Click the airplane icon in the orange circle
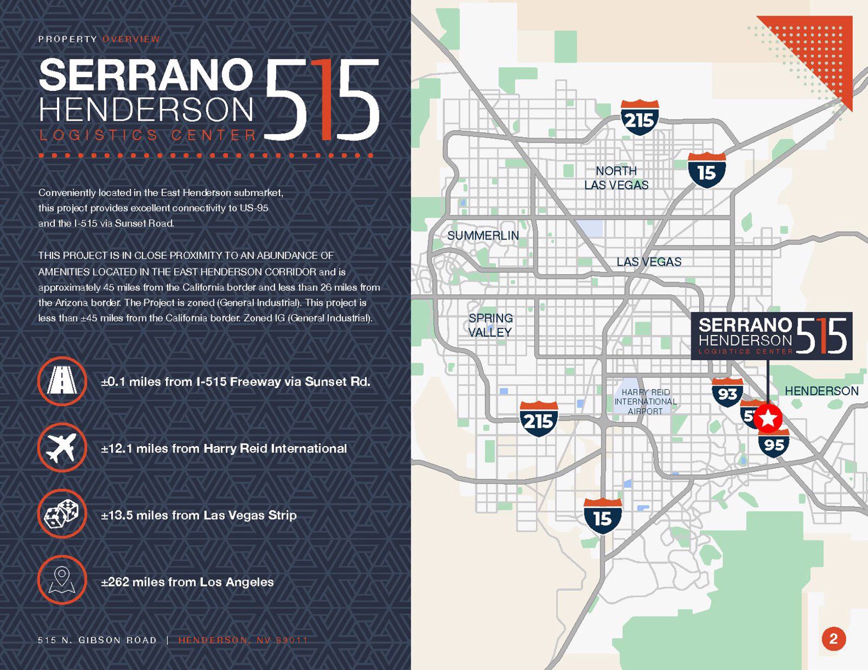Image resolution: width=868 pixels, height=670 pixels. pos(62,448)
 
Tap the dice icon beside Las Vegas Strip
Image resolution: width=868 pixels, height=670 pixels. pos(62,514)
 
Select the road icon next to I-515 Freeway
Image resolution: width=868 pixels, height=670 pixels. pos(62,381)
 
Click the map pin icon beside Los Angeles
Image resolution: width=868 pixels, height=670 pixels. pos(62,581)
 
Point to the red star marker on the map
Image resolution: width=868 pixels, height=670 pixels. pos(768,418)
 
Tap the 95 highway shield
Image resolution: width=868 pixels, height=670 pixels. pos(774,443)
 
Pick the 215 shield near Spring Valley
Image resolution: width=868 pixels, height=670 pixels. pos(538,419)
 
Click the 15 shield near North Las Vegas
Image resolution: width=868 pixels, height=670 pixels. pos(706,171)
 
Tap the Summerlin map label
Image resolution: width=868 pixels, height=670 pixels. pos(483,235)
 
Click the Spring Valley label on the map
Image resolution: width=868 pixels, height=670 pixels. pos(490,325)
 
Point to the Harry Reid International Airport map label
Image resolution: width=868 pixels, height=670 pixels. pos(645,402)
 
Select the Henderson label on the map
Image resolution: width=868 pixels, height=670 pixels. pos(821,391)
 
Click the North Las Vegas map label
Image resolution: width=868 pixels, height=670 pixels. pos(616,178)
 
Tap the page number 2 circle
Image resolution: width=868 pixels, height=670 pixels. pos(833,639)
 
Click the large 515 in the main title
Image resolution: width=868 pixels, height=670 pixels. pos(323,100)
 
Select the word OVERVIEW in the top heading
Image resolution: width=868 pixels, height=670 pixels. pos(131,39)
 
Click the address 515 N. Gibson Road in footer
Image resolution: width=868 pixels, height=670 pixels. pos(97,640)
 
